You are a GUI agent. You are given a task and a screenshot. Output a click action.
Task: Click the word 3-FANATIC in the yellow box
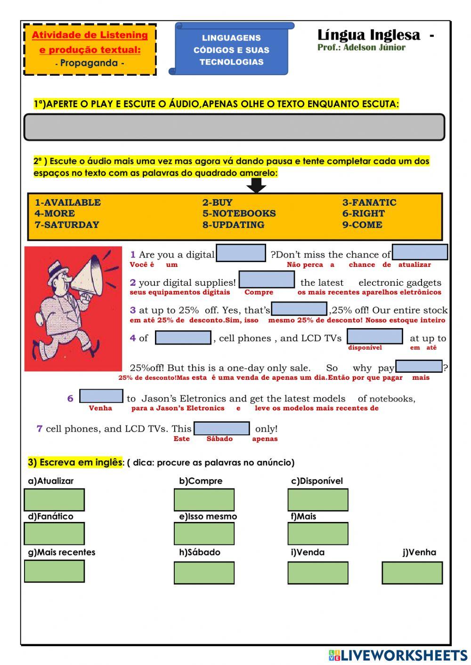click(369, 202)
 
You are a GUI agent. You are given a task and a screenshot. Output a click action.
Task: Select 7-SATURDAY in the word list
click(67, 224)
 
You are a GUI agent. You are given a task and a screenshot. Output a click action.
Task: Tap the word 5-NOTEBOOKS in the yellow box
click(239, 213)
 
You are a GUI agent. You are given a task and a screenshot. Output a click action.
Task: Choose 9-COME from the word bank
click(362, 224)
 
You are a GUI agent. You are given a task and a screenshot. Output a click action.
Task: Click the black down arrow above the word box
click(256, 185)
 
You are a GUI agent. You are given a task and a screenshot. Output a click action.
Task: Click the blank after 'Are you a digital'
click(241, 253)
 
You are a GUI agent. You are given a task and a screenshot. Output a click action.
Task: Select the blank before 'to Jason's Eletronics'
click(101, 396)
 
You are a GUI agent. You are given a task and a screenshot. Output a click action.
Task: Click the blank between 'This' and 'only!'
click(221, 428)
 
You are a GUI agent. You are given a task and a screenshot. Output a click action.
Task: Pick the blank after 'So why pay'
click(419, 366)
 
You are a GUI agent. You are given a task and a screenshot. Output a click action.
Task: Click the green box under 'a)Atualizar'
click(54, 499)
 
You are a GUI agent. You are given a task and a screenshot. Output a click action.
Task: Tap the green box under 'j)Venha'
click(412, 573)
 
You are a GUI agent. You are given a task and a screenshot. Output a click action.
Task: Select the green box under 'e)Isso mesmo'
click(204, 534)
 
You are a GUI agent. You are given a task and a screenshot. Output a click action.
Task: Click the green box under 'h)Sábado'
click(204, 573)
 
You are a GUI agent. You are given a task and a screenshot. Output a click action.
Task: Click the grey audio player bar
click(234, 127)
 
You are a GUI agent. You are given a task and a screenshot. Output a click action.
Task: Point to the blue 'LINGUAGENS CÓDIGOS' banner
click(231, 49)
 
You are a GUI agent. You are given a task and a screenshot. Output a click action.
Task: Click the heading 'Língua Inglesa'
click(369, 35)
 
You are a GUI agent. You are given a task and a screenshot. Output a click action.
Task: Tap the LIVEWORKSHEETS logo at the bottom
click(398, 655)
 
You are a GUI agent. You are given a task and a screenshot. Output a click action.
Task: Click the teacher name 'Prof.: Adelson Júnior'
click(361, 48)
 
